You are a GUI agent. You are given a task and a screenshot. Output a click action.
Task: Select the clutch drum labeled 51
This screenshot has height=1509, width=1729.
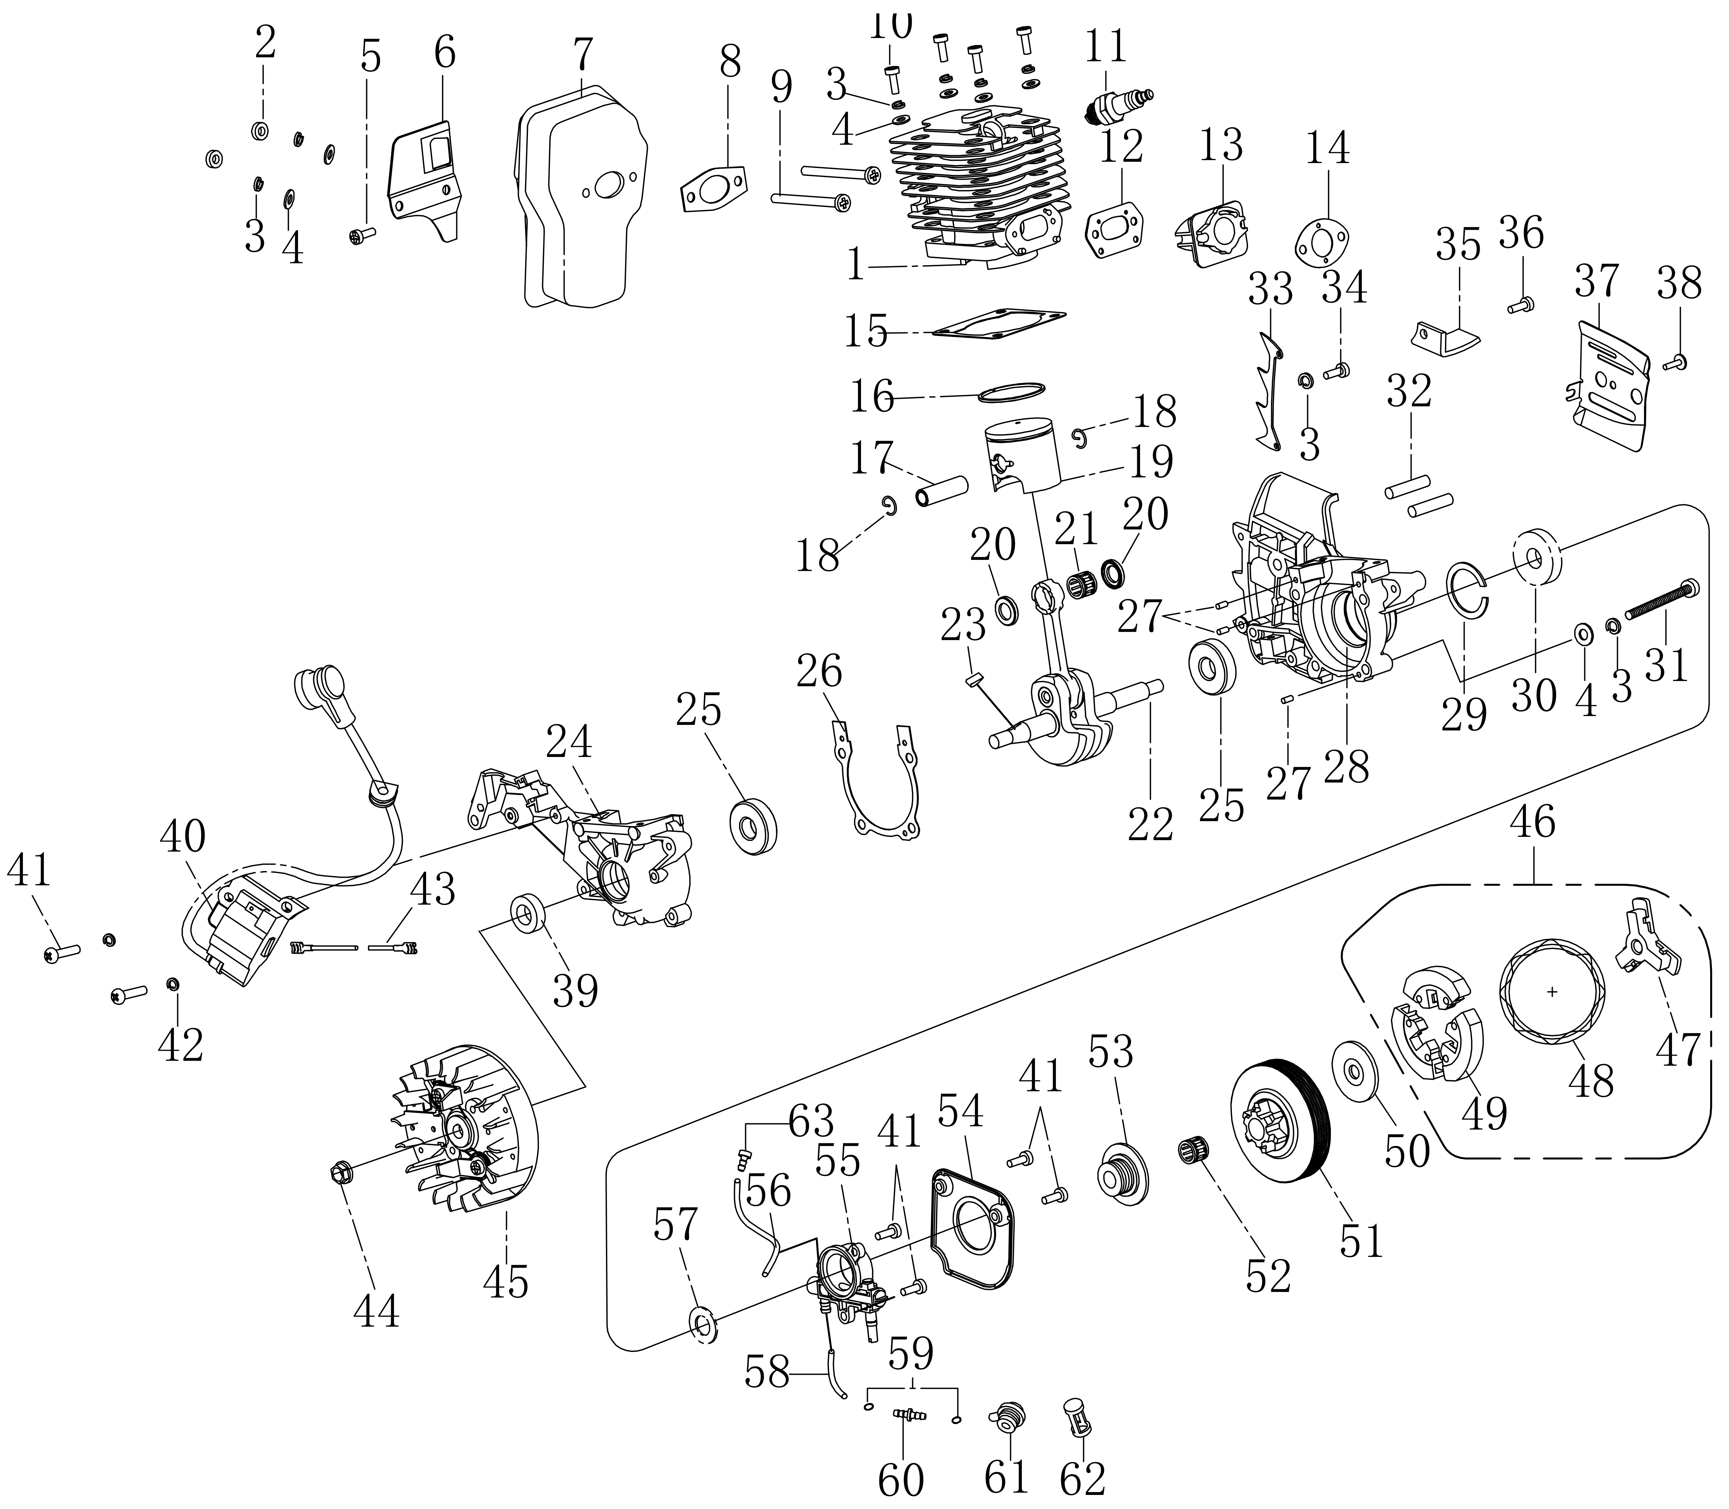tap(1278, 1116)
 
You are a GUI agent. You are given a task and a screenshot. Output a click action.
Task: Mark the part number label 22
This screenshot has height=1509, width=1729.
tap(1150, 825)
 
